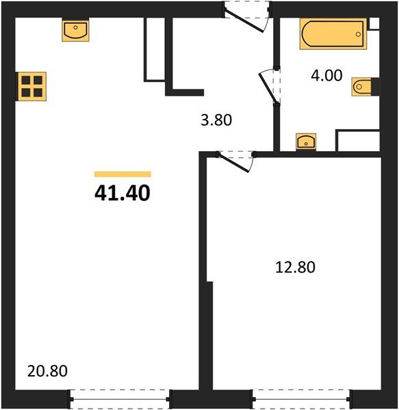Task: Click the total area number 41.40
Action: [122, 194]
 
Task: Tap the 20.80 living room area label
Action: [47, 372]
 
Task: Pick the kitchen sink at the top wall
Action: [75, 30]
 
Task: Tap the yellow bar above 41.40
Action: [123, 174]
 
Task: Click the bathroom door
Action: [268, 86]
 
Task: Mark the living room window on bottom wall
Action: [120, 398]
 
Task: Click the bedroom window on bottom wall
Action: [300, 398]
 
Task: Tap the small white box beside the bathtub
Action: [373, 24]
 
